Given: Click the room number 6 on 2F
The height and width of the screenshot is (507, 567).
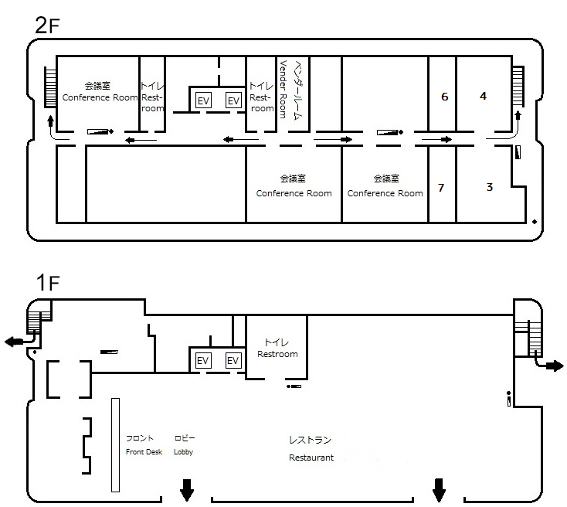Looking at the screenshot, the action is pos(444,97).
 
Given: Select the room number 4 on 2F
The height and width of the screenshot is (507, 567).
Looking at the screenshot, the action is pos(483,96).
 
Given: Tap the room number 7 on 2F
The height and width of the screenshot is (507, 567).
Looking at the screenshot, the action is pos(441,188).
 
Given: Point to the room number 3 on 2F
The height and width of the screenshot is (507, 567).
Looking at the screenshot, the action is pos(489,187).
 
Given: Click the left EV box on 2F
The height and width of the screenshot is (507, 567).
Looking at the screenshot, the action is pos(203,100).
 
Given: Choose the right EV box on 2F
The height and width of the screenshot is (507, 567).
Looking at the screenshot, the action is pos(233,100).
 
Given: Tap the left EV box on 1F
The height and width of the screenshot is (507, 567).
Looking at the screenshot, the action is pos(202,360).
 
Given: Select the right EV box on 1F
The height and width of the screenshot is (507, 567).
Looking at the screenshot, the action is pos(233,360).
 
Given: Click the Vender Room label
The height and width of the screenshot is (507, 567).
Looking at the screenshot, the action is pos(283,90).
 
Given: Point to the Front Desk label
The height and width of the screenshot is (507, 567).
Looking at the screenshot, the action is pos(144,451).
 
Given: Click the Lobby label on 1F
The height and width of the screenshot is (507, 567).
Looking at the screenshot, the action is pos(183,452).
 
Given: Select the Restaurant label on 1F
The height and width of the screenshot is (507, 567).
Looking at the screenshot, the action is pos(311,458).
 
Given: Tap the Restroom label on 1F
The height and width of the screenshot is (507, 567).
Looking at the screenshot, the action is pos(277,354).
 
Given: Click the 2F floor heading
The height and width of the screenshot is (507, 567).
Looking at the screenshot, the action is pos(47,26).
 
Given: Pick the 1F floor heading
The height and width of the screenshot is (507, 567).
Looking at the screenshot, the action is pos(47,282).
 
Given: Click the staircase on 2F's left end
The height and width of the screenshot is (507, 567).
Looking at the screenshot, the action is pos(50,87).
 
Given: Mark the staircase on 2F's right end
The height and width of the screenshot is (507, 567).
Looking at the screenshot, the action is pos(518,86).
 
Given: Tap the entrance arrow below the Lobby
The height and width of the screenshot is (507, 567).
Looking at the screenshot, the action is pos(187,490).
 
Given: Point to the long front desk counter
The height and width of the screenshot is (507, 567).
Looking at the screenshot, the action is pos(115,445).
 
